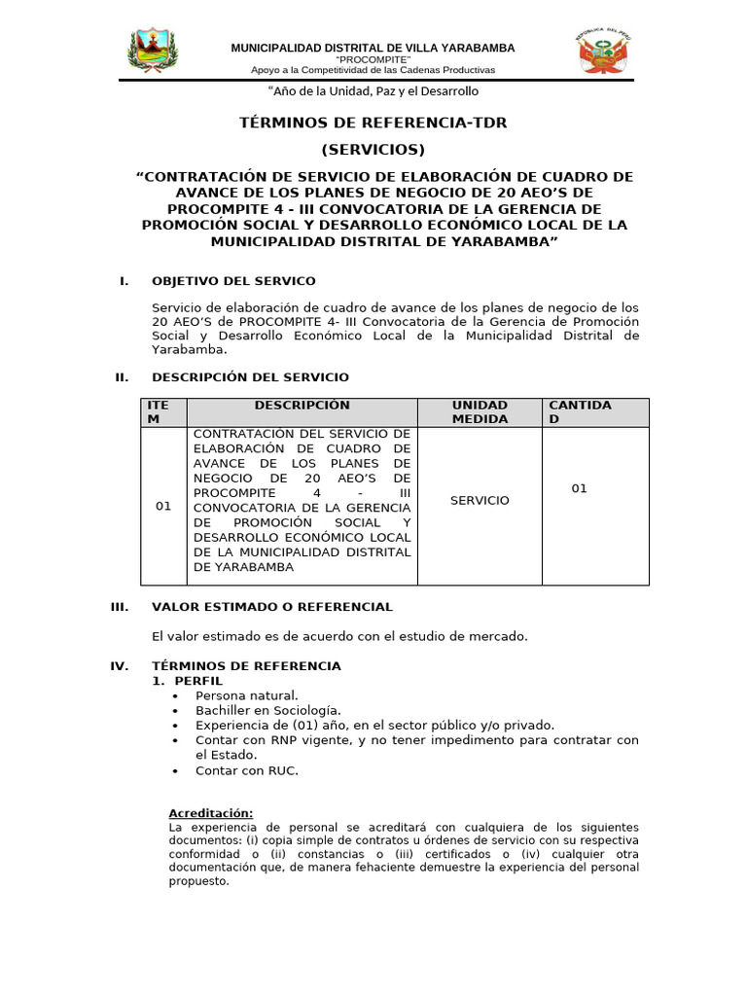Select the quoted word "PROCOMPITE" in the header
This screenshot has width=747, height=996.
[x=373, y=59]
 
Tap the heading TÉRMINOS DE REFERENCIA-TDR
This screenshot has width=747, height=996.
[x=373, y=123]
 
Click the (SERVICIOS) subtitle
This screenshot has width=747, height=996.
[x=373, y=150]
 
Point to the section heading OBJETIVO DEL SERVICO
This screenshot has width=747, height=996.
[x=233, y=281]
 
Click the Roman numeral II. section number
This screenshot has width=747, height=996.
[x=122, y=377]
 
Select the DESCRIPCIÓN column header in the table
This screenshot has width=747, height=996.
[x=302, y=406]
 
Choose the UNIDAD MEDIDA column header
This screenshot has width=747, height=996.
[x=479, y=412]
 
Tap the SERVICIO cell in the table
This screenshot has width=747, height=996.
[x=479, y=500]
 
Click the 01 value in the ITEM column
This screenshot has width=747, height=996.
[x=163, y=507]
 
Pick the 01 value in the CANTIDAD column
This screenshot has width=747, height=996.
[x=579, y=489]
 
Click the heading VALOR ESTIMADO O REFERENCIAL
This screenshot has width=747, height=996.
[x=272, y=607]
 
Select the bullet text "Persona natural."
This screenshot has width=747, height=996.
[x=246, y=695]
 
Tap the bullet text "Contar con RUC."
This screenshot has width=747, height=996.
[x=246, y=770]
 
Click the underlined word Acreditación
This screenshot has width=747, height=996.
[x=210, y=813]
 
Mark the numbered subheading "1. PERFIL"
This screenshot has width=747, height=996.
[x=188, y=681]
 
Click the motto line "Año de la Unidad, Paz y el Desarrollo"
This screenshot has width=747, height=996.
[x=373, y=91]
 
